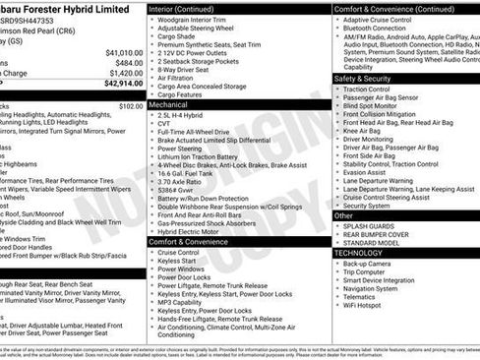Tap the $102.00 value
130,105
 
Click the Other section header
344,214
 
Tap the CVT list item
165,123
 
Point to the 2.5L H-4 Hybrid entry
182,113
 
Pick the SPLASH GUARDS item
373,226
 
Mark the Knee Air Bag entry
362,130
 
